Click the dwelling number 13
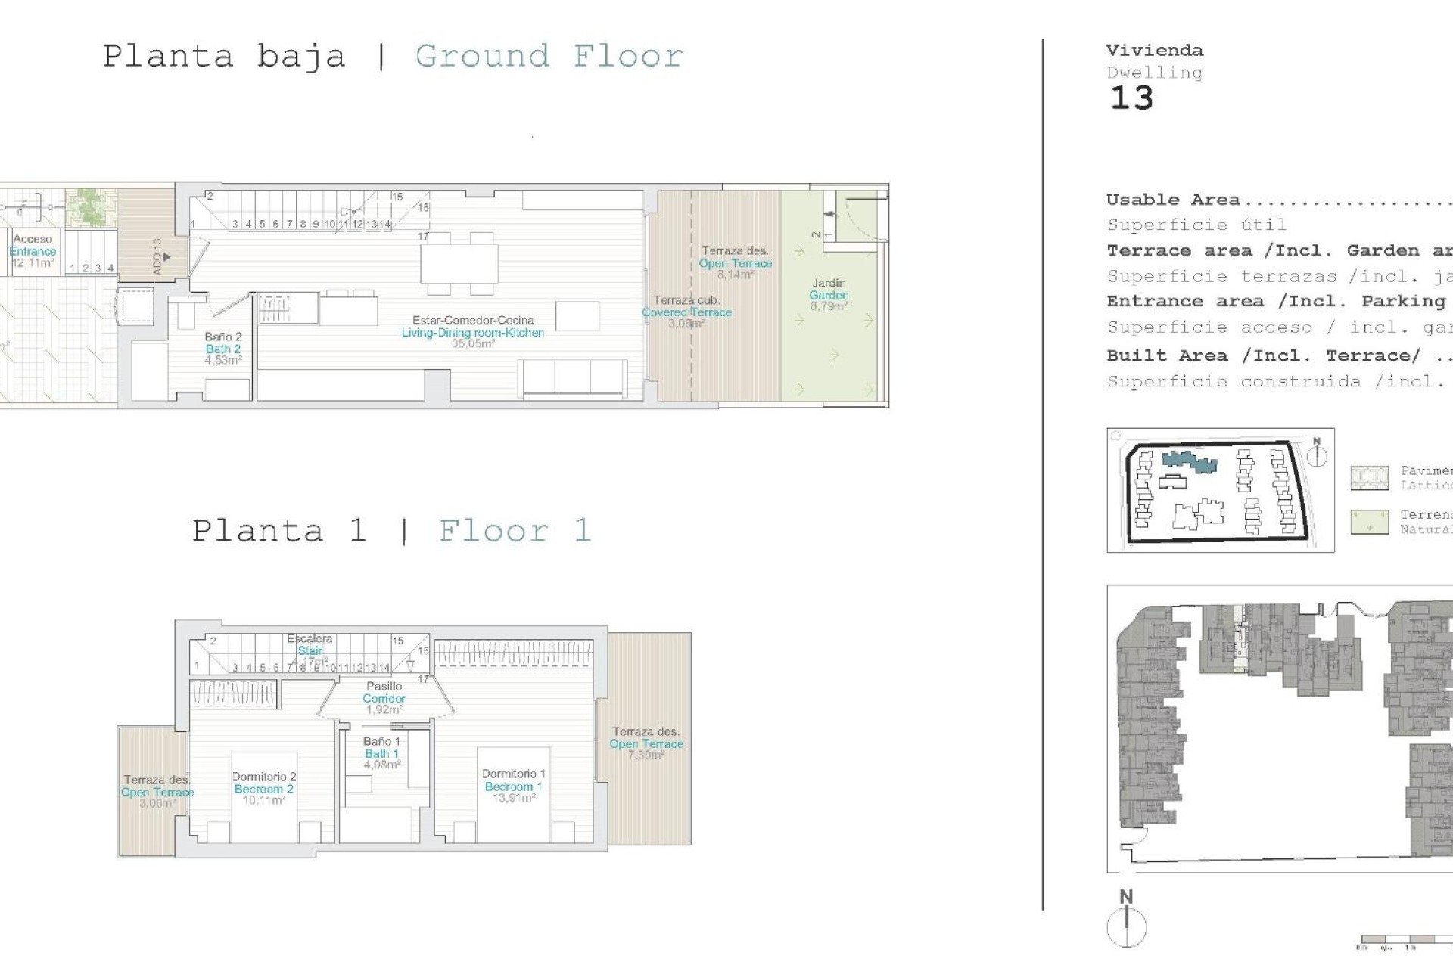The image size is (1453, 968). [x=1131, y=98]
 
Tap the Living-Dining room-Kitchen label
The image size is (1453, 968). [x=472, y=332]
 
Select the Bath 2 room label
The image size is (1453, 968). [x=222, y=349]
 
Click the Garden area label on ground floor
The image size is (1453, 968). [x=829, y=295]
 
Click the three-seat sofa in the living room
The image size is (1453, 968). [x=573, y=377]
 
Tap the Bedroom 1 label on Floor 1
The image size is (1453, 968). [x=513, y=786]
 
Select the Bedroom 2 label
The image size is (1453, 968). [x=263, y=789]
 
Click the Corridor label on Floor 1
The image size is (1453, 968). [x=384, y=698]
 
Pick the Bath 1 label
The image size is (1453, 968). [x=381, y=753]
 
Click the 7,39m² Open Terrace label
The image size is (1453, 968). [x=646, y=743]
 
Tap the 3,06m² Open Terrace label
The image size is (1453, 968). [x=157, y=792]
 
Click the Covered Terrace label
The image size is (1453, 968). [x=686, y=312]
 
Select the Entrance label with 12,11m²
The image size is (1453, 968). [x=33, y=251]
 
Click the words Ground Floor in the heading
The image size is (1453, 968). [x=549, y=57]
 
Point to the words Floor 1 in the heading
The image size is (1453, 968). [x=515, y=531]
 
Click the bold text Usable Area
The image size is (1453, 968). [x=1172, y=200]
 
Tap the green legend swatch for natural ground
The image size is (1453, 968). [x=1369, y=522]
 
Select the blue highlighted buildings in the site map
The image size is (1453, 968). [x=1188, y=461]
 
